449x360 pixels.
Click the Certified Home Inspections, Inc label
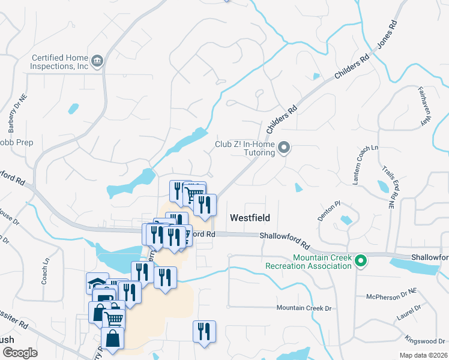60,62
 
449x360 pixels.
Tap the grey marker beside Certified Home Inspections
97,61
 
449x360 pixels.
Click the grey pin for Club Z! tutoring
285,148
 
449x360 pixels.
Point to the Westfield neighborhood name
250,218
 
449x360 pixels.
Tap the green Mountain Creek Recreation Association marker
360,261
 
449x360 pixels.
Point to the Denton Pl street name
329,211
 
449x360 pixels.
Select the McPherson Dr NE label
391,295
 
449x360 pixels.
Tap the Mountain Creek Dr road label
304,308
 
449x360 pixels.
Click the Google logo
19,352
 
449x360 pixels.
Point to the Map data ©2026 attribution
423,355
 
